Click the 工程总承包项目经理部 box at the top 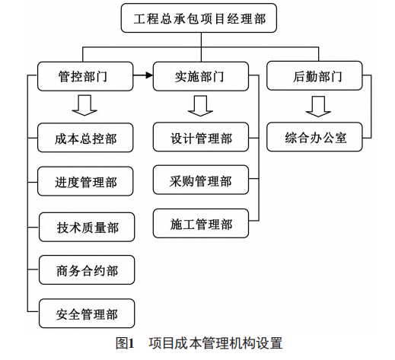coord(199,18)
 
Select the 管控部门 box coord(85,76)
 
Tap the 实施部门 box coord(201,76)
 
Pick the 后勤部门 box coord(314,75)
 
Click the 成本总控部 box coord(85,138)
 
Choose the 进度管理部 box coord(85,181)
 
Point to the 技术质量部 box coord(87,227)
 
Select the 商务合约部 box coord(87,269)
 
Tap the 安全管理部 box coord(87,314)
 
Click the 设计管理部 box coord(201,137)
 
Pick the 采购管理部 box coord(201,180)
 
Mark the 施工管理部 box coord(201,223)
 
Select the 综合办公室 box coord(314,137)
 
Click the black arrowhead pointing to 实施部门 coord(149,75)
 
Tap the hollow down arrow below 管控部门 coord(84,105)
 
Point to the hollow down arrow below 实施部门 coord(200,106)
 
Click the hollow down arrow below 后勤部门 coord(318,107)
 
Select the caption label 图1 coord(125,343)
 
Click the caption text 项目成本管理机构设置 coord(215,343)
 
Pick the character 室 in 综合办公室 coord(340,138)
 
